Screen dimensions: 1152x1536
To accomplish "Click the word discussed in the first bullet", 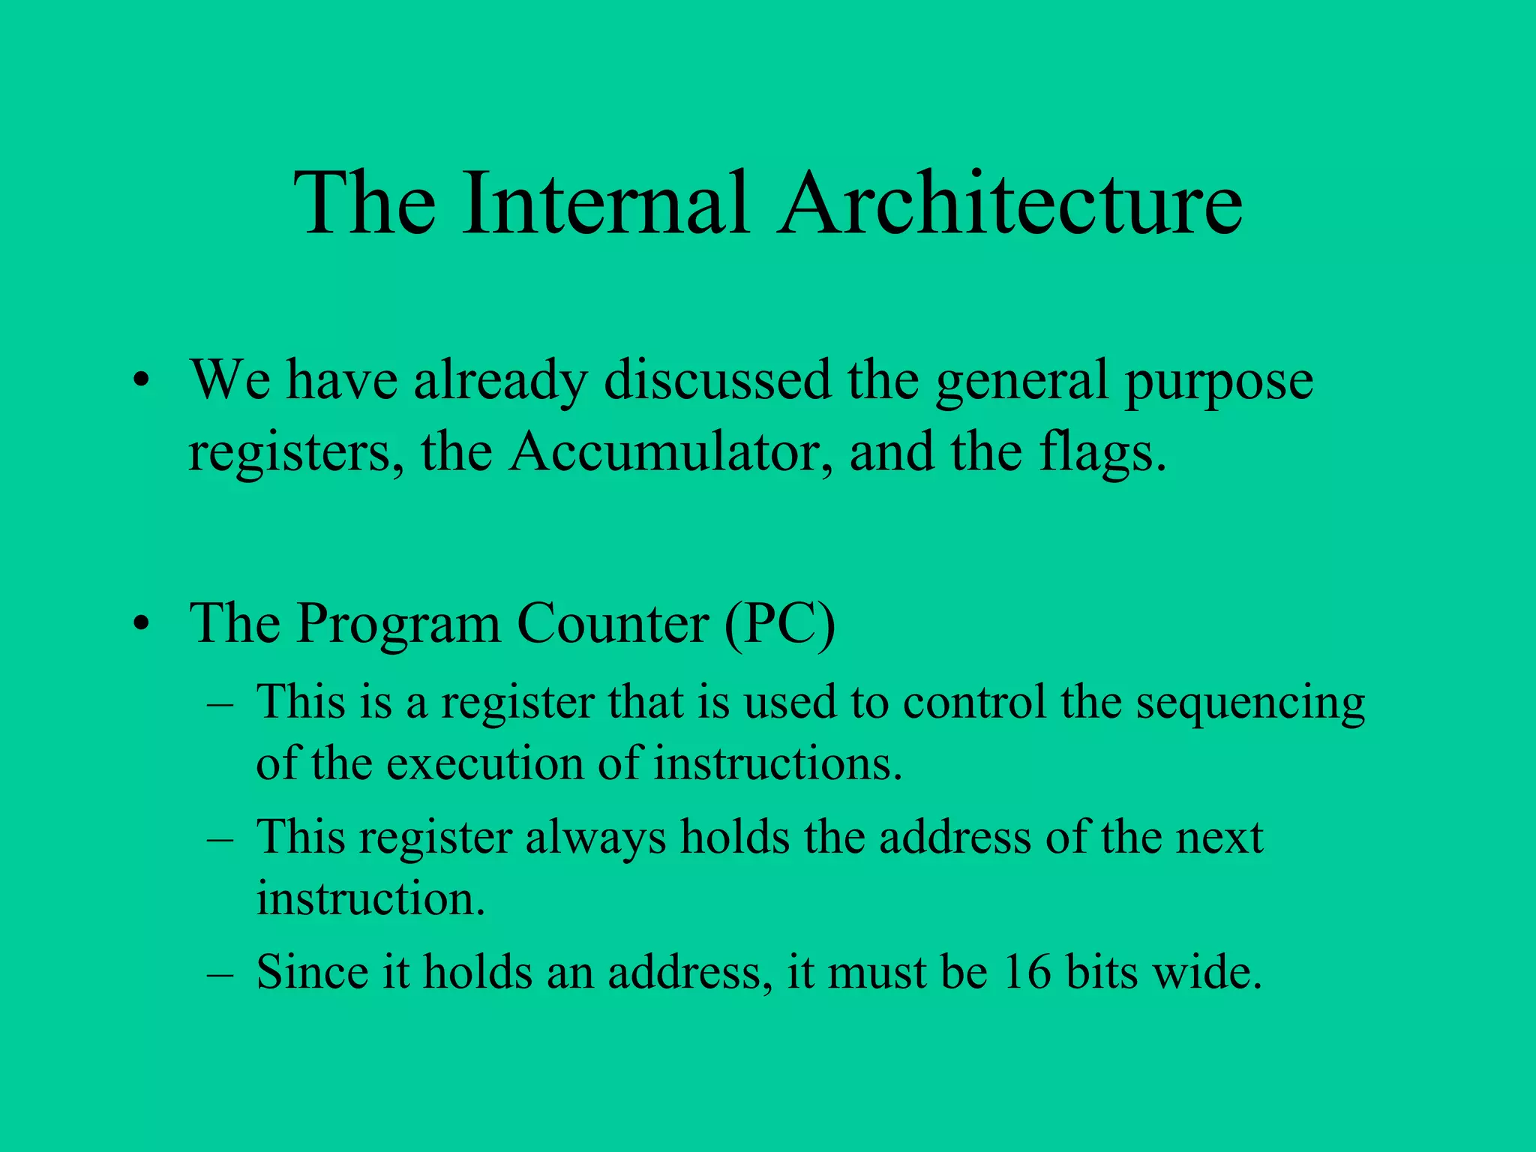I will [x=717, y=379].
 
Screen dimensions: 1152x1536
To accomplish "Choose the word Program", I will [x=397, y=624].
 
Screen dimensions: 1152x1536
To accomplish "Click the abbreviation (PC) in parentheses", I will [x=779, y=624].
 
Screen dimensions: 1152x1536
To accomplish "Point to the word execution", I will [x=484, y=764].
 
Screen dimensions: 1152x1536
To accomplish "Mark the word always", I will [x=595, y=838].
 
